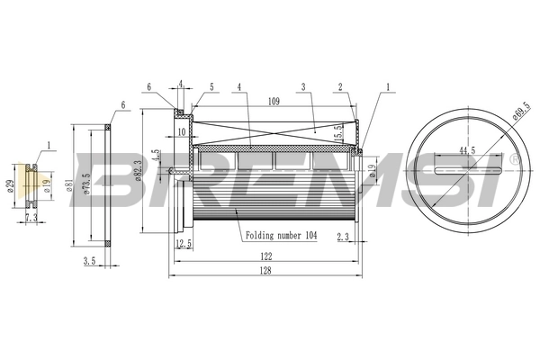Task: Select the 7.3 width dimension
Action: [31, 218]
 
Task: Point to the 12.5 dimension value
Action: [184, 244]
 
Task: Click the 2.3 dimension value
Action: [342, 238]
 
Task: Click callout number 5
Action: [211, 87]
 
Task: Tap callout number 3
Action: [305, 87]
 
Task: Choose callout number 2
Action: [341, 87]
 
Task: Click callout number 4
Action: [240, 87]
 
